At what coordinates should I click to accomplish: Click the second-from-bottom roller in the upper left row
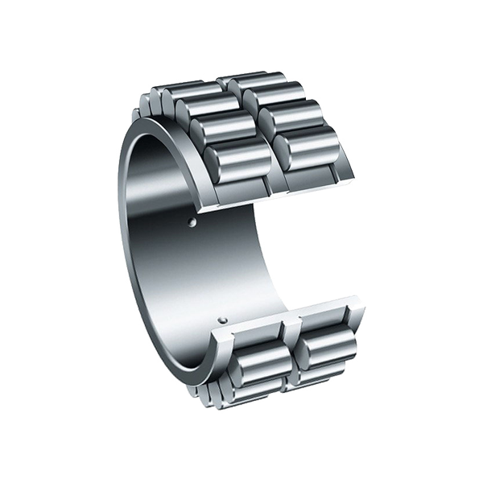point(225,130)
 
